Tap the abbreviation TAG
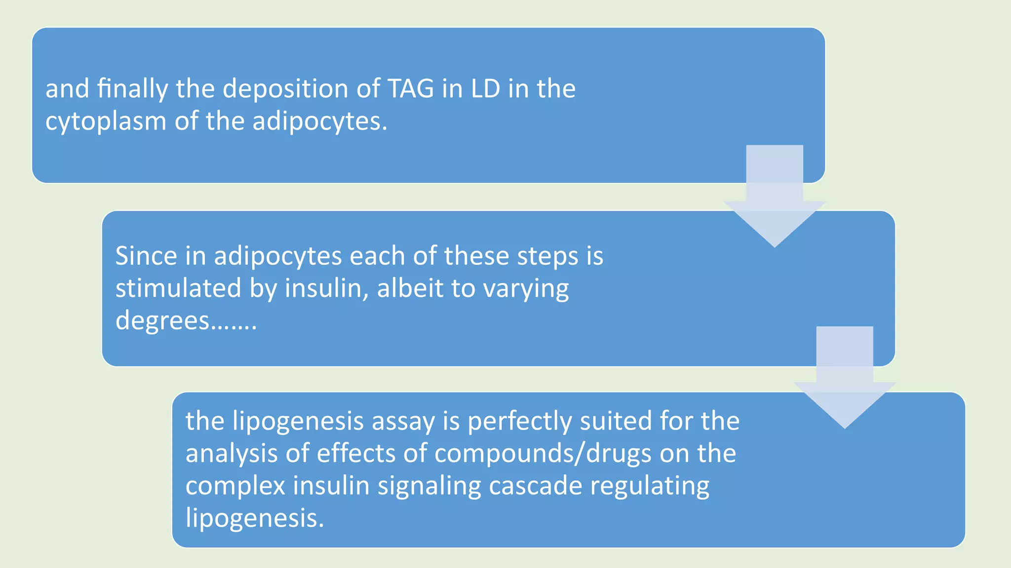point(411,89)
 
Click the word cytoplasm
point(106,122)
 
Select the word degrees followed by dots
point(186,321)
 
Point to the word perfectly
point(519,422)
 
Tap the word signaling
point(429,487)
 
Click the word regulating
point(650,487)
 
